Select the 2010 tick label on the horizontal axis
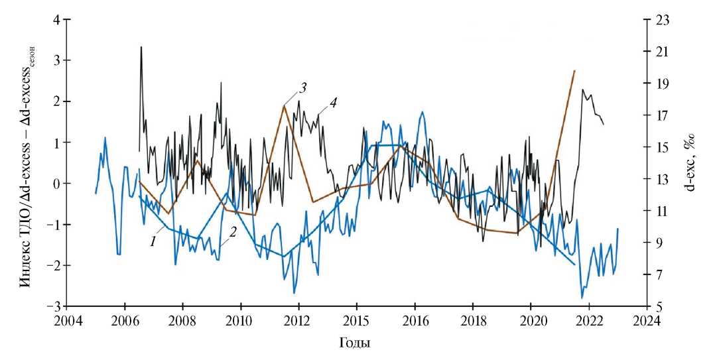point(241,321)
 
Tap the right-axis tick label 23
point(663,20)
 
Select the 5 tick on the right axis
point(660,306)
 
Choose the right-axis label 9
point(660,243)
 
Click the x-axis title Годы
point(357,344)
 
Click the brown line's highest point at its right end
point(574,70)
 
